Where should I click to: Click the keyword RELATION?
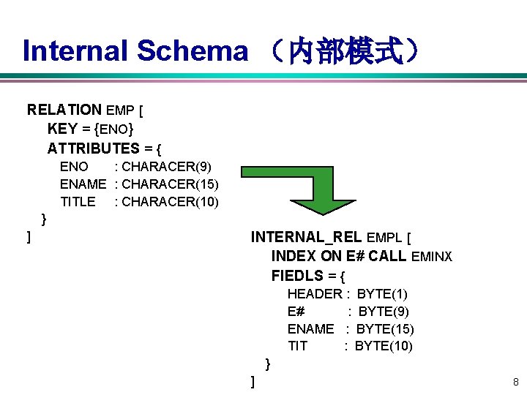point(64,110)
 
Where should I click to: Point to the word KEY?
point(62,129)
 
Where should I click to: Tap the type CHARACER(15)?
point(166,184)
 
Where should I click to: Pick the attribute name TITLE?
point(78,201)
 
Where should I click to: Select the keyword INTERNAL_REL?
point(307,237)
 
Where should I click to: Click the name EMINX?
point(433,257)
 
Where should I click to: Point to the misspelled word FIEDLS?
point(298,276)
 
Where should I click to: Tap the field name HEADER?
point(315,294)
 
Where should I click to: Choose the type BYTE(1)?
point(382,294)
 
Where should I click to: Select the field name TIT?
point(297,346)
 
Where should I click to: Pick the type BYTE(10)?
point(384,346)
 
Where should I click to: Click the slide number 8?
point(515,382)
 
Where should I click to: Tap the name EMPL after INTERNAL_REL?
point(385,238)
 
